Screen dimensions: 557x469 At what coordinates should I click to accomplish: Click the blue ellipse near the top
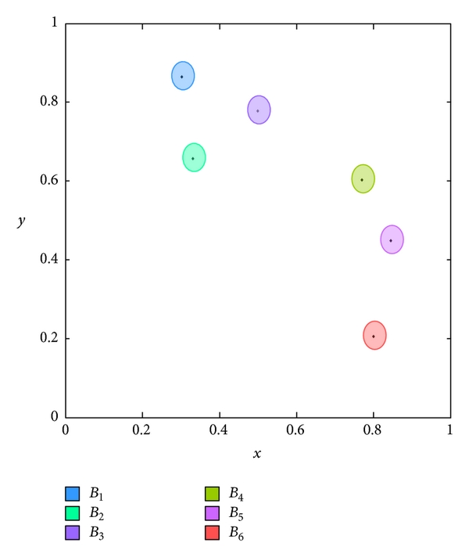[182, 76]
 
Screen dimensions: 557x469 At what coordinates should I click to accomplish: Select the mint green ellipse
[194, 158]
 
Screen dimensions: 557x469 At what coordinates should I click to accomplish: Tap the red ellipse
[374, 336]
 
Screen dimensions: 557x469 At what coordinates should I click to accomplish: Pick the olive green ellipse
[363, 179]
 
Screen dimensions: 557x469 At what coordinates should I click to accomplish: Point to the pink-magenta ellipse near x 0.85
[392, 239]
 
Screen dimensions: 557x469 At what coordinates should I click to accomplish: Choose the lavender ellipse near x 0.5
[259, 110]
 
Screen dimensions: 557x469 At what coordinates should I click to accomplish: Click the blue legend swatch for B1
[72, 494]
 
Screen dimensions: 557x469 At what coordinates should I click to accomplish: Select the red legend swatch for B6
[212, 534]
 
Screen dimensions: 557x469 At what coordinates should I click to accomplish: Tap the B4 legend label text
[236, 494]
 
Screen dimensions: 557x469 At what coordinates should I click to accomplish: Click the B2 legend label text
[96, 514]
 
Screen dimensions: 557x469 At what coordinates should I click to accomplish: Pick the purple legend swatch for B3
[72, 534]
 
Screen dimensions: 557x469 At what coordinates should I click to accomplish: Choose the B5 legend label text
[236, 514]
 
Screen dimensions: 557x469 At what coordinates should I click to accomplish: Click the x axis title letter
[257, 454]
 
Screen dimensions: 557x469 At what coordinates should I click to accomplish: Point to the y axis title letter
[22, 221]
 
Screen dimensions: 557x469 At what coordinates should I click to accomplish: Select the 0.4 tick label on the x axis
[220, 429]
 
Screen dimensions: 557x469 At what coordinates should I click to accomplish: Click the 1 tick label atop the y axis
[55, 23]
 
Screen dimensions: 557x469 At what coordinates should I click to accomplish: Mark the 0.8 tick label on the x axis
[374, 429]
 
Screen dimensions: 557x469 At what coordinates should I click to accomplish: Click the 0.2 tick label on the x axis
[142, 429]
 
